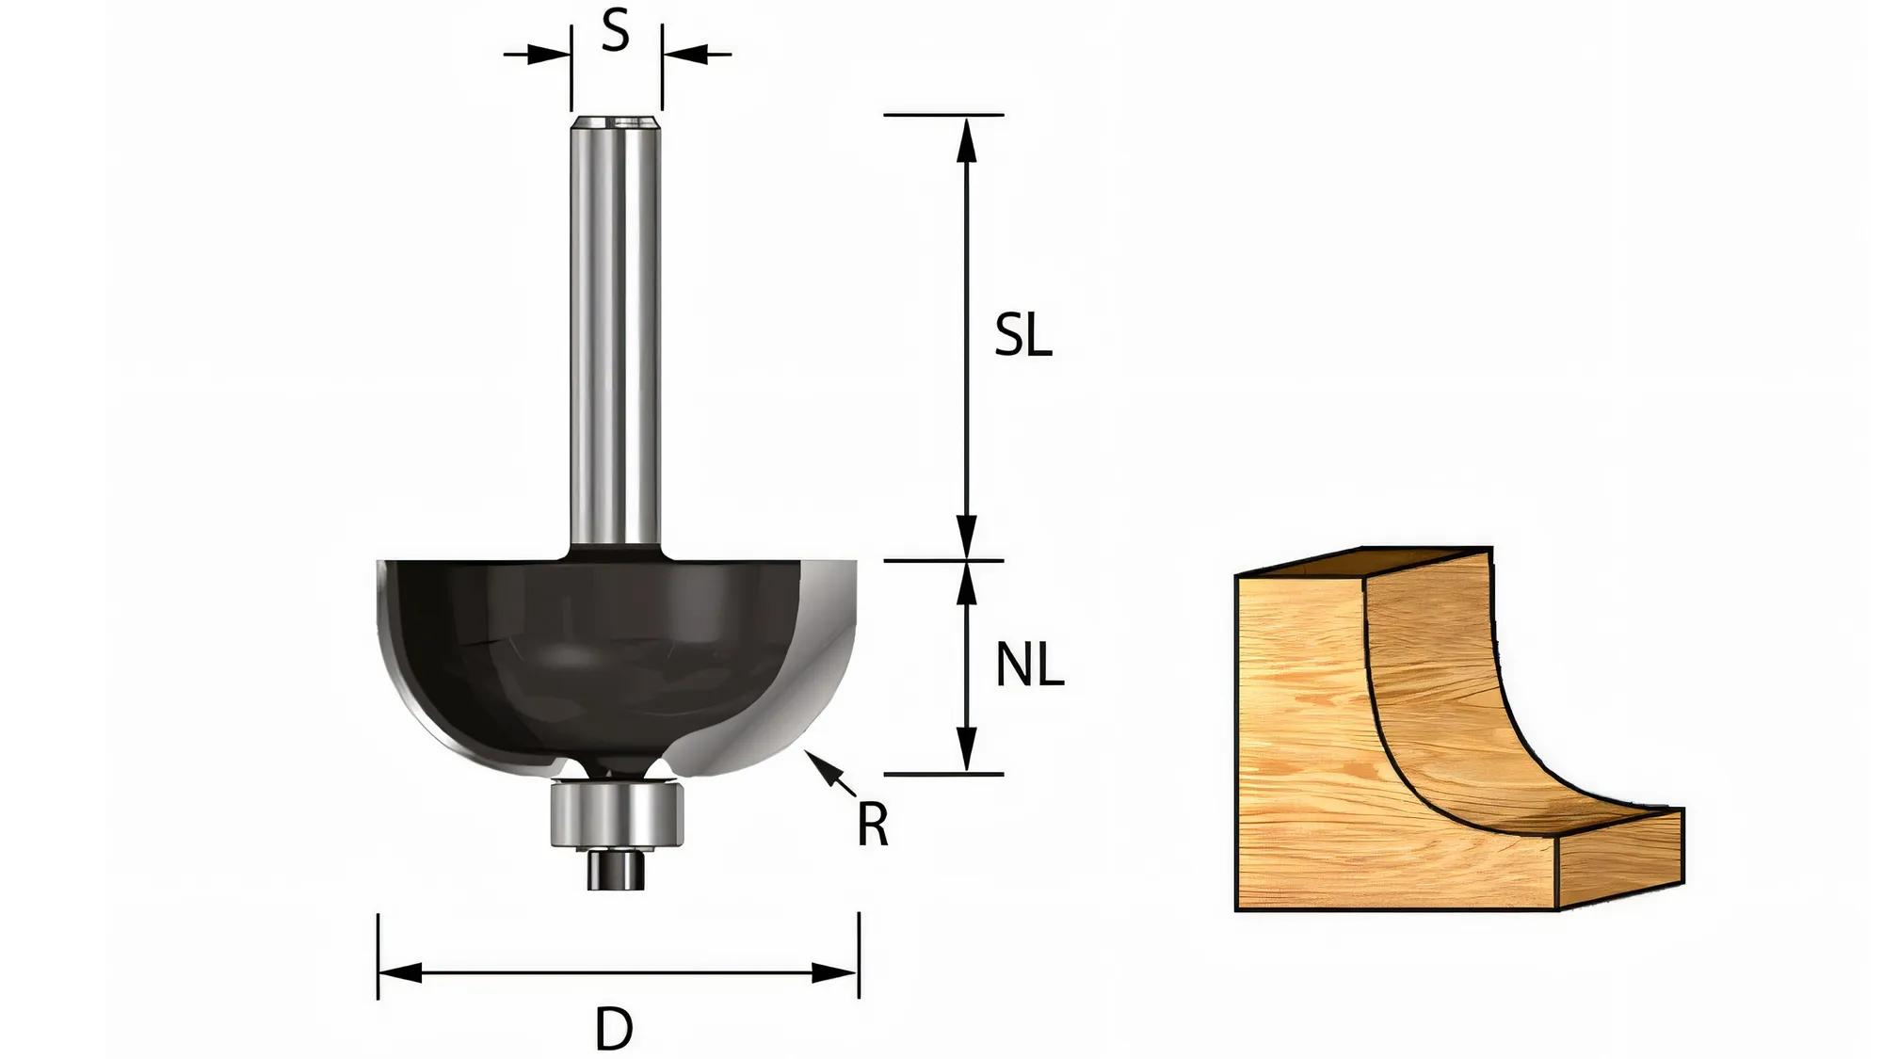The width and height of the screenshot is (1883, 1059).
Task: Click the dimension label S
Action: pyautogui.click(x=614, y=32)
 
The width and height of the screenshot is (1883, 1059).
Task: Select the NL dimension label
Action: pyautogui.click(x=1029, y=666)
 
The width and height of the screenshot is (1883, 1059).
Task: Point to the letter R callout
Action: pyautogui.click(x=872, y=826)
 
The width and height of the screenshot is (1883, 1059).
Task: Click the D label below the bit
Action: pyautogui.click(x=614, y=1028)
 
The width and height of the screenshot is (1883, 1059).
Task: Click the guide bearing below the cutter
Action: pyautogui.click(x=615, y=814)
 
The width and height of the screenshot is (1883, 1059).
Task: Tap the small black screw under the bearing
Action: pyautogui.click(x=613, y=868)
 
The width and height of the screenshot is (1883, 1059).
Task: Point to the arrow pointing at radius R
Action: pyautogui.click(x=829, y=775)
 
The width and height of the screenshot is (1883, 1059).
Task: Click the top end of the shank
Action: pyautogui.click(x=616, y=123)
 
